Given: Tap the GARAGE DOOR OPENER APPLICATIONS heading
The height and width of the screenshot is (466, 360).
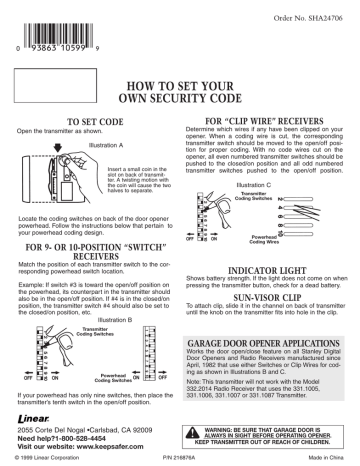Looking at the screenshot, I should click(x=268, y=343).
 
